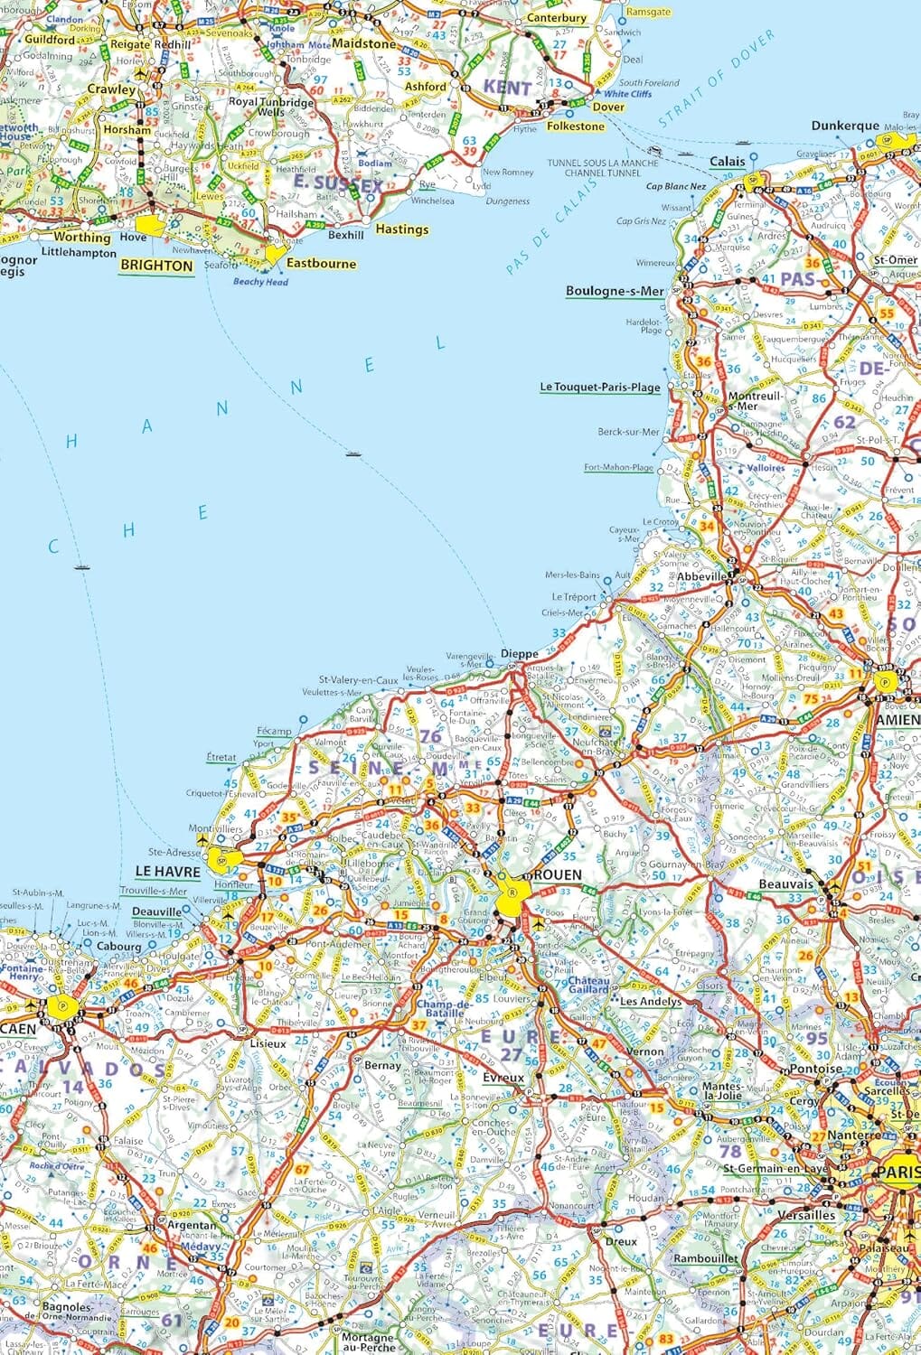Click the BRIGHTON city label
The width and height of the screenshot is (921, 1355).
[157, 266]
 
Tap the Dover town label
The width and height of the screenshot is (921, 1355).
[608, 107]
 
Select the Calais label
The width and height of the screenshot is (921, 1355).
[728, 162]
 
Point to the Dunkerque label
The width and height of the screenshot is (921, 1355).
[844, 126]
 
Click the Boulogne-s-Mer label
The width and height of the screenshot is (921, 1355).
[615, 291]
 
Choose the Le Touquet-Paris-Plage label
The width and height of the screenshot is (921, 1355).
[600, 387]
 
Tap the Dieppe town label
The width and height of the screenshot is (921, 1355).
[519, 653]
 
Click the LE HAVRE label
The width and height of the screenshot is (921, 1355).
[167, 872]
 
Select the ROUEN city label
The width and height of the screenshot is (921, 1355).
[558, 875]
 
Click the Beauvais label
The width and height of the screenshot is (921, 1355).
[785, 884]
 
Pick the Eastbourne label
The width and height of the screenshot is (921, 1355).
[321, 264]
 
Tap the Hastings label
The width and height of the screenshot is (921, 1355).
[402, 229]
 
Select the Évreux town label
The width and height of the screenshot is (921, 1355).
[503, 1078]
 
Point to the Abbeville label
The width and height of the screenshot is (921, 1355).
[701, 575]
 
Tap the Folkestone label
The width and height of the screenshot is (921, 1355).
[576, 126]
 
